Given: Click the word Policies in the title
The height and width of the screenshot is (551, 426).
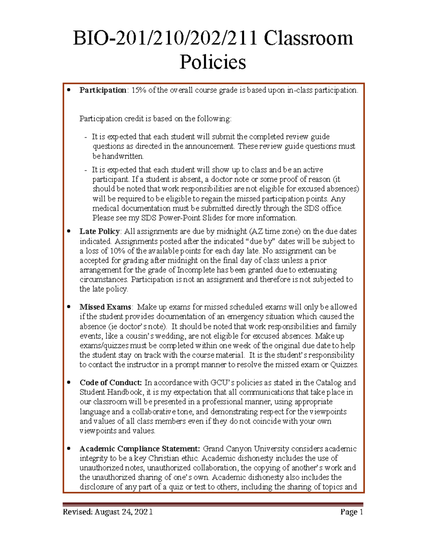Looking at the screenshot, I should [x=213, y=62].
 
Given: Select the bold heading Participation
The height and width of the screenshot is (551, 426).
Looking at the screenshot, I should [x=103, y=90].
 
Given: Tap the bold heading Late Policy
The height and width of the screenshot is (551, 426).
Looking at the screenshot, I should [x=100, y=231].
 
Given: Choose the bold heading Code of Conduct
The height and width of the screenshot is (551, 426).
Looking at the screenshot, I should [x=110, y=383].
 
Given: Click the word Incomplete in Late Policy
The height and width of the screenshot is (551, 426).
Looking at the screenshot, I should [x=194, y=270].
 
